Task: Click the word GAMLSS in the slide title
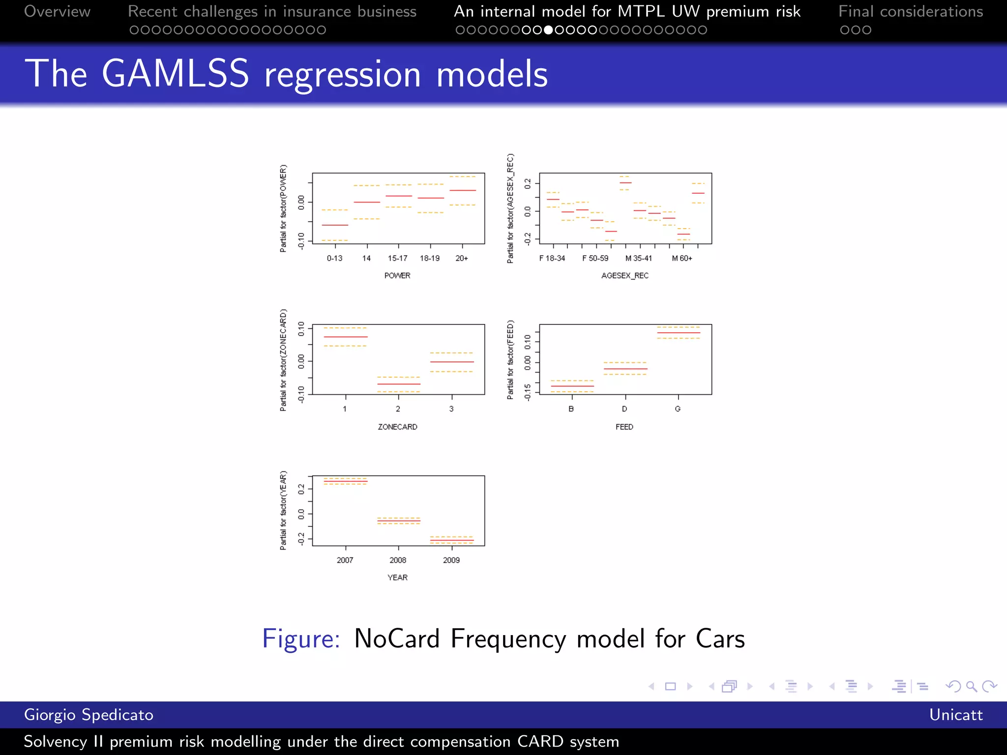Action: (x=175, y=74)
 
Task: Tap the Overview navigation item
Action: (x=57, y=11)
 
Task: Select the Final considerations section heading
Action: (x=910, y=11)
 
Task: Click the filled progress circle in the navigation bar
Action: (x=548, y=30)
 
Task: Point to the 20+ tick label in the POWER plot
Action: (x=461, y=258)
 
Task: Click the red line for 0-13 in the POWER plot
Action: (x=335, y=225)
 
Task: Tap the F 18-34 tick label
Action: (x=552, y=258)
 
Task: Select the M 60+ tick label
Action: (x=681, y=258)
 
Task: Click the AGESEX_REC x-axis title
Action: (x=624, y=276)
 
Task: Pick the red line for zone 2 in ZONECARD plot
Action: (x=398, y=384)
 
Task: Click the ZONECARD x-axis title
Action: (x=397, y=427)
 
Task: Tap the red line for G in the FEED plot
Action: (x=679, y=333)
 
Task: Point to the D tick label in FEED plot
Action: (x=624, y=409)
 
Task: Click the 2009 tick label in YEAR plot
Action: (x=451, y=560)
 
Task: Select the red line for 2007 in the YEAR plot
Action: (x=345, y=481)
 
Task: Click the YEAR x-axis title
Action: (x=397, y=578)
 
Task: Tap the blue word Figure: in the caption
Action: (x=301, y=639)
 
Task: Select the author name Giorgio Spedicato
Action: (x=89, y=715)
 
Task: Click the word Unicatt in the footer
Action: (x=955, y=715)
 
